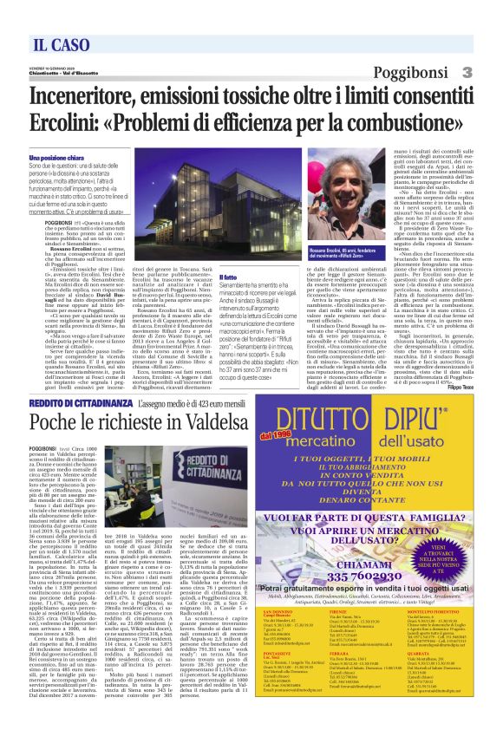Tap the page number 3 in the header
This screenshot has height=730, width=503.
click(466, 72)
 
